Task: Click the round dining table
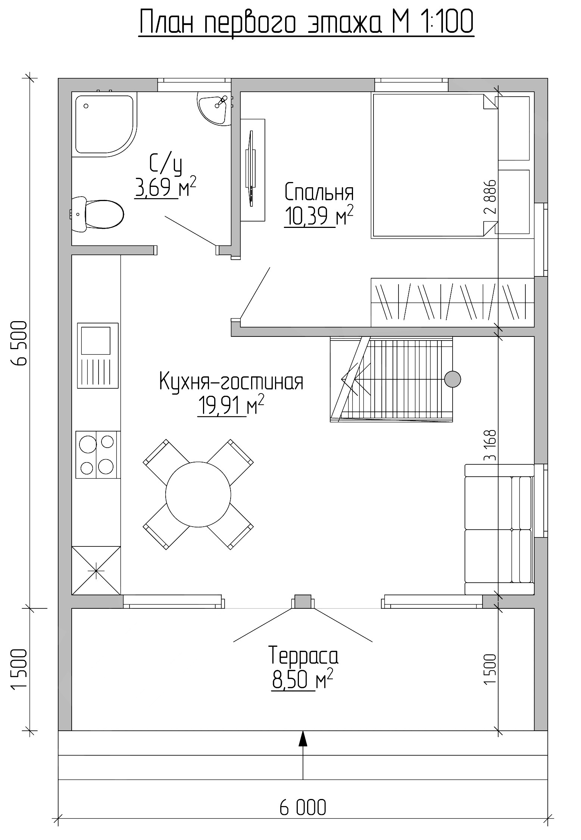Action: [x=199, y=494]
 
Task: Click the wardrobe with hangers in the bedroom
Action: [x=453, y=303]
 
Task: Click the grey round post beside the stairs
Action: [x=453, y=379]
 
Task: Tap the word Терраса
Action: [x=303, y=656]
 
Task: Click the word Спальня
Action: [x=319, y=192]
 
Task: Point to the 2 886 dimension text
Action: [x=490, y=197]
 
